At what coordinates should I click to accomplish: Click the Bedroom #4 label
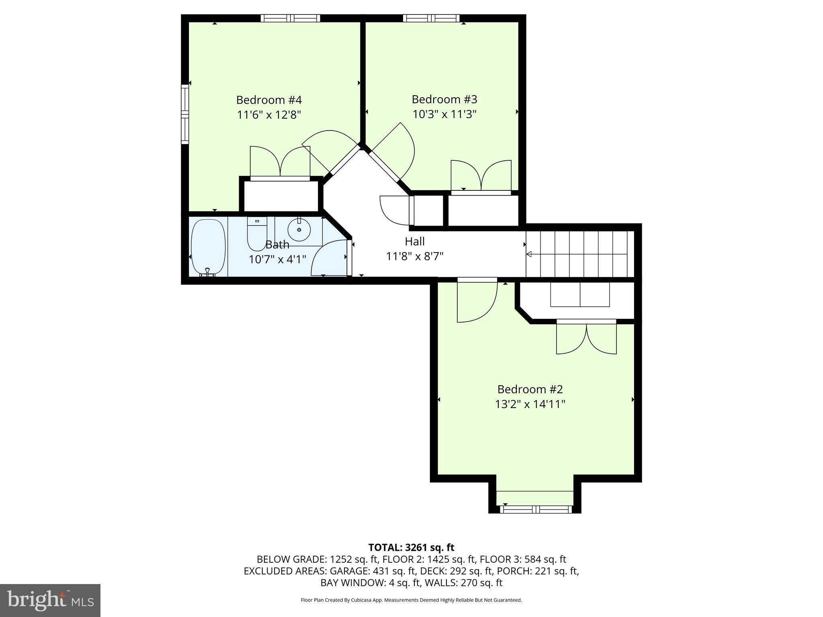(268, 100)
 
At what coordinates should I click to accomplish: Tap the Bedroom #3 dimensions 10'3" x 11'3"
(444, 114)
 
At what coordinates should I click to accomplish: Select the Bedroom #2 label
(530, 389)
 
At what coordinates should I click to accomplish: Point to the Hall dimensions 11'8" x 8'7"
(414, 256)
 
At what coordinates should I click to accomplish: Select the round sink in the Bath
(299, 230)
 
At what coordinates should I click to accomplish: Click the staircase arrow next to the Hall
(529, 254)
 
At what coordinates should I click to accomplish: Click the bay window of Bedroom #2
(535, 509)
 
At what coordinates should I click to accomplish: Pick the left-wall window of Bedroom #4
(185, 114)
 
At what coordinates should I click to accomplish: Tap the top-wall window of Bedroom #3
(431, 18)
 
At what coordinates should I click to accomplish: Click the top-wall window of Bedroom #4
(290, 18)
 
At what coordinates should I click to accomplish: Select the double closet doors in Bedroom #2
(586, 338)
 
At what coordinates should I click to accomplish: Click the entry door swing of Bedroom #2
(477, 301)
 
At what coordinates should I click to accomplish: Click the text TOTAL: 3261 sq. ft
(411, 548)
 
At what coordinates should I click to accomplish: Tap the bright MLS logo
(50, 601)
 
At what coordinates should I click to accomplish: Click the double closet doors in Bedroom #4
(280, 161)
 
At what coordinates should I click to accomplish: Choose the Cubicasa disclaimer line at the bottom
(411, 600)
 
